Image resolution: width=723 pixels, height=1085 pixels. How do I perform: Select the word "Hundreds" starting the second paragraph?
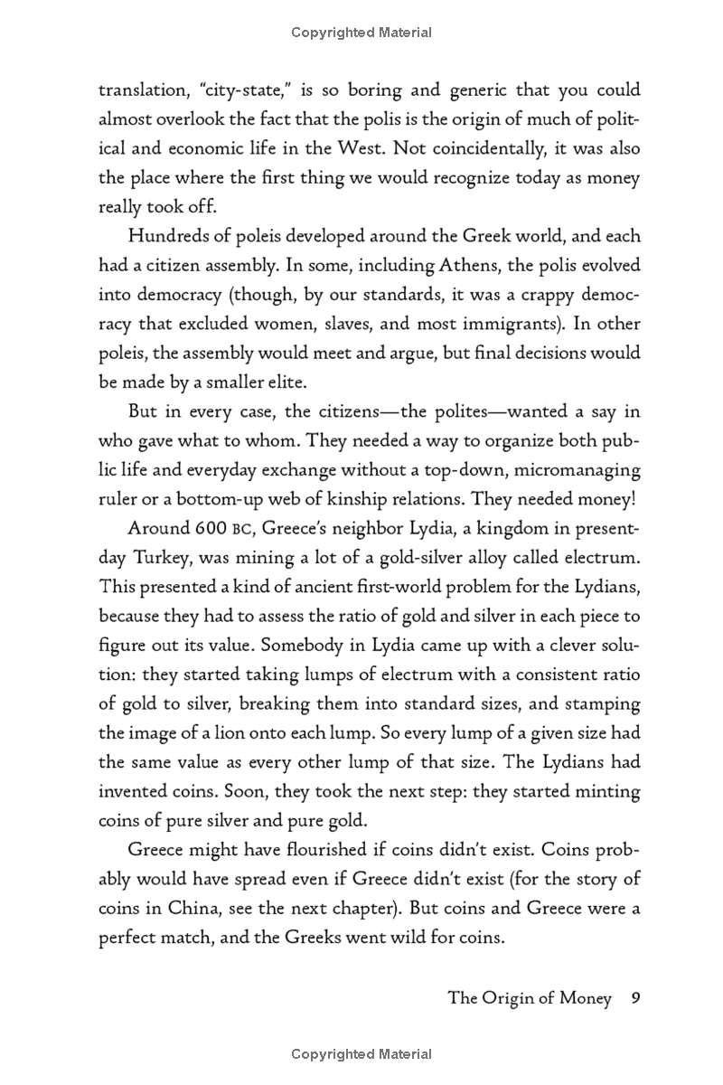pyautogui.click(x=166, y=236)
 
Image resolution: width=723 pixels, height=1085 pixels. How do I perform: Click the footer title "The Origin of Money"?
pyautogui.click(x=530, y=998)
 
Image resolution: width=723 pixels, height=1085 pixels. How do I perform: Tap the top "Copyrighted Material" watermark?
pyautogui.click(x=361, y=33)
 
